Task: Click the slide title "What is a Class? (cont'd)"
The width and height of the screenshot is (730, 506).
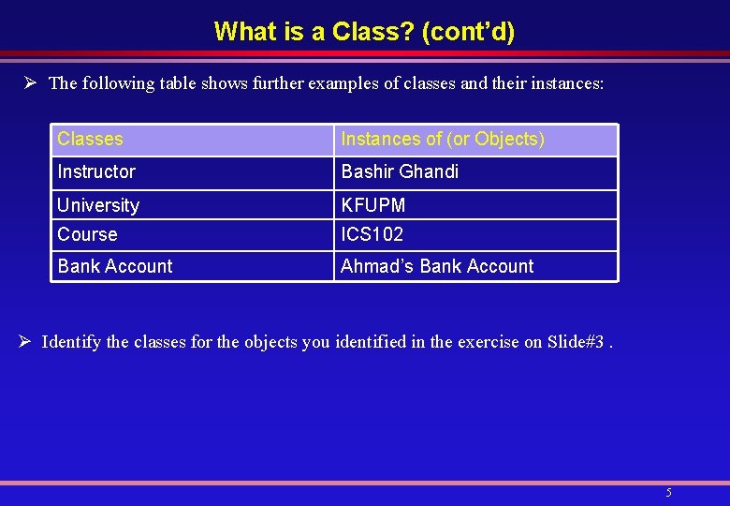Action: point(364,32)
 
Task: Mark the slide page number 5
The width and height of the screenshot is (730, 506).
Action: point(668,493)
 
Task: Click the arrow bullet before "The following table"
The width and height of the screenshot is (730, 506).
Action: point(30,83)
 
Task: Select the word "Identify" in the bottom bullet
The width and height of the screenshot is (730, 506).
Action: point(71,342)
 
